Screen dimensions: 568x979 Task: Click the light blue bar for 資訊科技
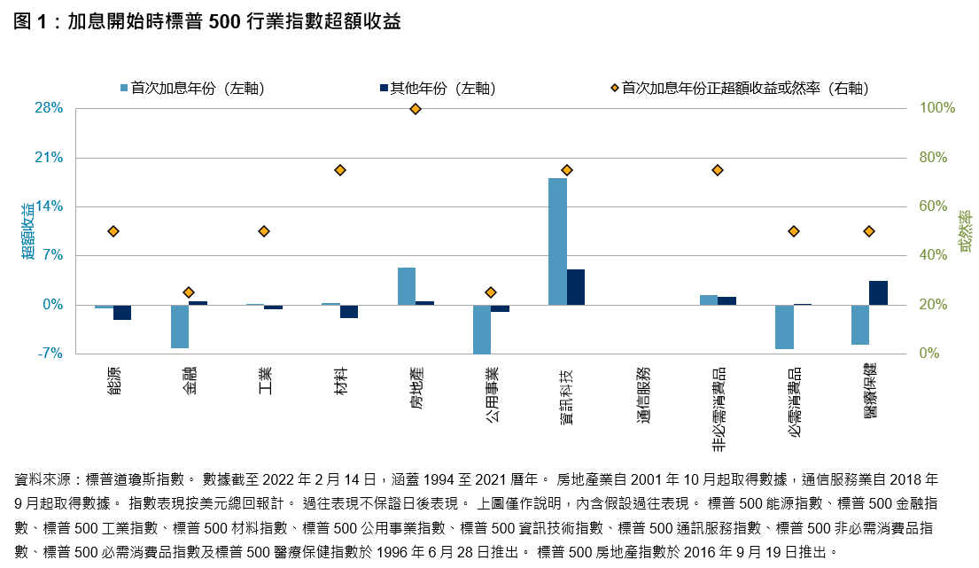pyautogui.click(x=557, y=241)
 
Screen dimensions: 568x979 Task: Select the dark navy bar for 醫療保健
pyautogui.click(x=878, y=292)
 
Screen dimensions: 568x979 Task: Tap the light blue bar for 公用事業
pyautogui.click(x=482, y=329)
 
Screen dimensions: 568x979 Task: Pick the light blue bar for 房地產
pyautogui.click(x=407, y=286)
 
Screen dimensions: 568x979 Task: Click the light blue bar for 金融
pyautogui.click(x=180, y=326)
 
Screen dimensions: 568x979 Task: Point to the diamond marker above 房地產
pyautogui.click(x=416, y=109)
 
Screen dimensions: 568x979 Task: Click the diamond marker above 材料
pyautogui.click(x=339, y=170)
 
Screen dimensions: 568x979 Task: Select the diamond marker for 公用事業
pyautogui.click(x=491, y=292)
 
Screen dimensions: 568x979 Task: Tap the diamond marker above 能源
pyautogui.click(x=113, y=231)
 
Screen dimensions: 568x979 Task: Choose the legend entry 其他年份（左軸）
pyautogui.click(x=436, y=88)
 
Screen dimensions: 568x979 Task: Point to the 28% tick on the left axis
pyautogui.click(x=49, y=108)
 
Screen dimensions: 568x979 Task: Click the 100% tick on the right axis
pyautogui.click(x=937, y=108)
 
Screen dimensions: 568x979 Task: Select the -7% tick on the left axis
pyautogui.click(x=51, y=354)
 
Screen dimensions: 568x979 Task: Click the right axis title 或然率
pyautogui.click(x=966, y=230)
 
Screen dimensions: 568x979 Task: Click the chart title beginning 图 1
pyautogui.click(x=208, y=22)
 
